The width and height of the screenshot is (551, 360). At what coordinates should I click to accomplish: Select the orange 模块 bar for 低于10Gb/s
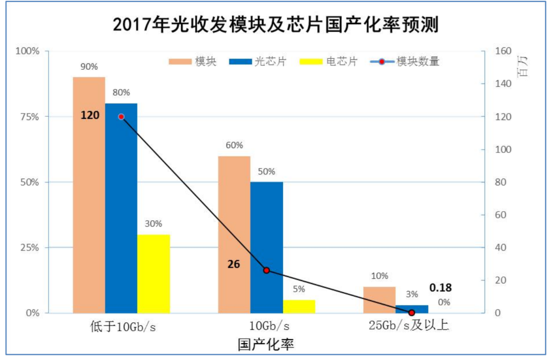89,194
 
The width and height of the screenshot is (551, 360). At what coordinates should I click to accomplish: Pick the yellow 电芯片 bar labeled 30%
153,273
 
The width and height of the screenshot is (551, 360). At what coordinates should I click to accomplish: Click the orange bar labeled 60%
234,234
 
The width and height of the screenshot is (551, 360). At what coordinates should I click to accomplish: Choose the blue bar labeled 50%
266,247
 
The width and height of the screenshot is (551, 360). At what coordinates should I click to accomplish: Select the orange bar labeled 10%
379,299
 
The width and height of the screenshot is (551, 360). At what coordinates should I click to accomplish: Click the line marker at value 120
121,117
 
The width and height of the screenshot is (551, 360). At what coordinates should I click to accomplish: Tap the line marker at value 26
266,270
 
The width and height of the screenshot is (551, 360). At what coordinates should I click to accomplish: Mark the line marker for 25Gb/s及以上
412,312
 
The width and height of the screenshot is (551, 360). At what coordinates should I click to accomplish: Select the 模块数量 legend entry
403,62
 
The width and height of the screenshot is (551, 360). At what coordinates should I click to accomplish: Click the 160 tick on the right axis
496,51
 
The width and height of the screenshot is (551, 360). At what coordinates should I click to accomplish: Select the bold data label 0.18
440,288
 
